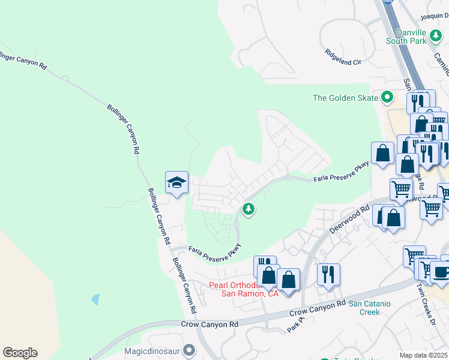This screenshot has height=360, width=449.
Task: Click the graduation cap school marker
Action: click(177, 182)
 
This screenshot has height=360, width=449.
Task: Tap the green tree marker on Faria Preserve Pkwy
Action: click(247, 209)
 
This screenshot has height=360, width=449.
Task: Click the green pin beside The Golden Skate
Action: click(387, 97)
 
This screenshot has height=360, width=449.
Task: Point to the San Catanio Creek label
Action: click(370, 308)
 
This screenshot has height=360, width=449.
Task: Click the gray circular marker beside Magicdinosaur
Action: click(190, 349)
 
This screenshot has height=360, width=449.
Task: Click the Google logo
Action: click(20, 353)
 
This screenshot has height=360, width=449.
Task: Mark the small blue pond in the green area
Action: click(95, 299)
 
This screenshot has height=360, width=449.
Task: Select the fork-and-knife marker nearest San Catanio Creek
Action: click(328, 274)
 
